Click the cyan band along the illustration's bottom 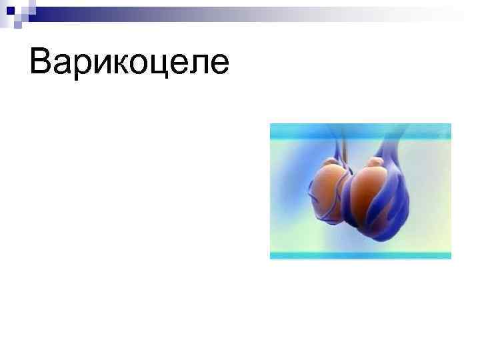pos(360,255)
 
